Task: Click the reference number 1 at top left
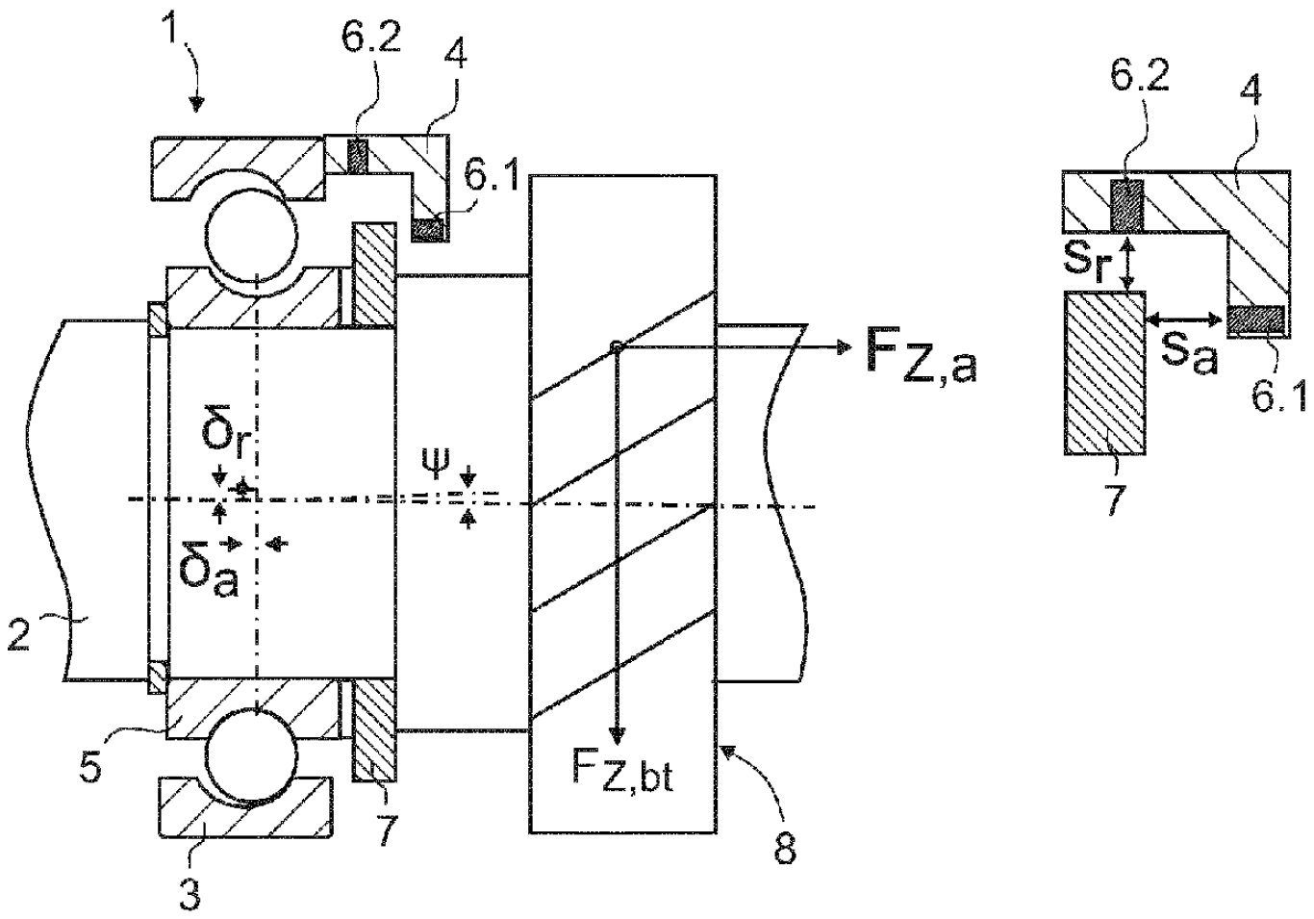tap(171, 28)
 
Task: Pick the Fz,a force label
tap(921, 360)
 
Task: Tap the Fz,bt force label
tap(622, 773)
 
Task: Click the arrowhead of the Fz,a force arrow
tap(844, 348)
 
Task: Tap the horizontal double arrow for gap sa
tap(1185, 319)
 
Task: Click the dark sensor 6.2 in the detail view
tap(1126, 204)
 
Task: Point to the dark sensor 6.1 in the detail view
tap(1256, 319)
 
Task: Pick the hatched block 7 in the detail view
tap(1104, 372)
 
